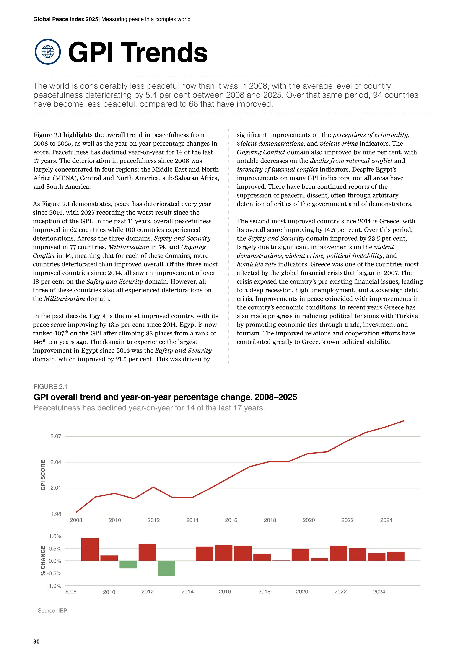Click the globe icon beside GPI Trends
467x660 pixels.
click(48, 52)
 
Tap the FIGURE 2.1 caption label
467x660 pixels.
click(50, 386)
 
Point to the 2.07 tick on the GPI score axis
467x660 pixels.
click(56, 436)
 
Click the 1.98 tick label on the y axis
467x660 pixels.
click(56, 514)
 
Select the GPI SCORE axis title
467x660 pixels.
click(43, 475)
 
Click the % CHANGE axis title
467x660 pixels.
click(43, 561)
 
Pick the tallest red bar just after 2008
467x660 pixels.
click(90, 549)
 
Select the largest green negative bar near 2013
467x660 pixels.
click(166, 568)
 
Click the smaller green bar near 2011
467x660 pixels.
click(128, 565)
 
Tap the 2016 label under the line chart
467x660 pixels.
click(231, 520)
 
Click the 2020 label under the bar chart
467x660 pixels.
click(302, 592)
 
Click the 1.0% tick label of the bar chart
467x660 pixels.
click(55, 536)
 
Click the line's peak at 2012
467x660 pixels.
click(153, 487)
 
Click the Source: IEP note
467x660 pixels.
click(52, 611)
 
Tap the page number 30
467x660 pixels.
click(36, 642)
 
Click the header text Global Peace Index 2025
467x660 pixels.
click(66, 19)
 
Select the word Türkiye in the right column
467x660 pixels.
click(406, 316)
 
